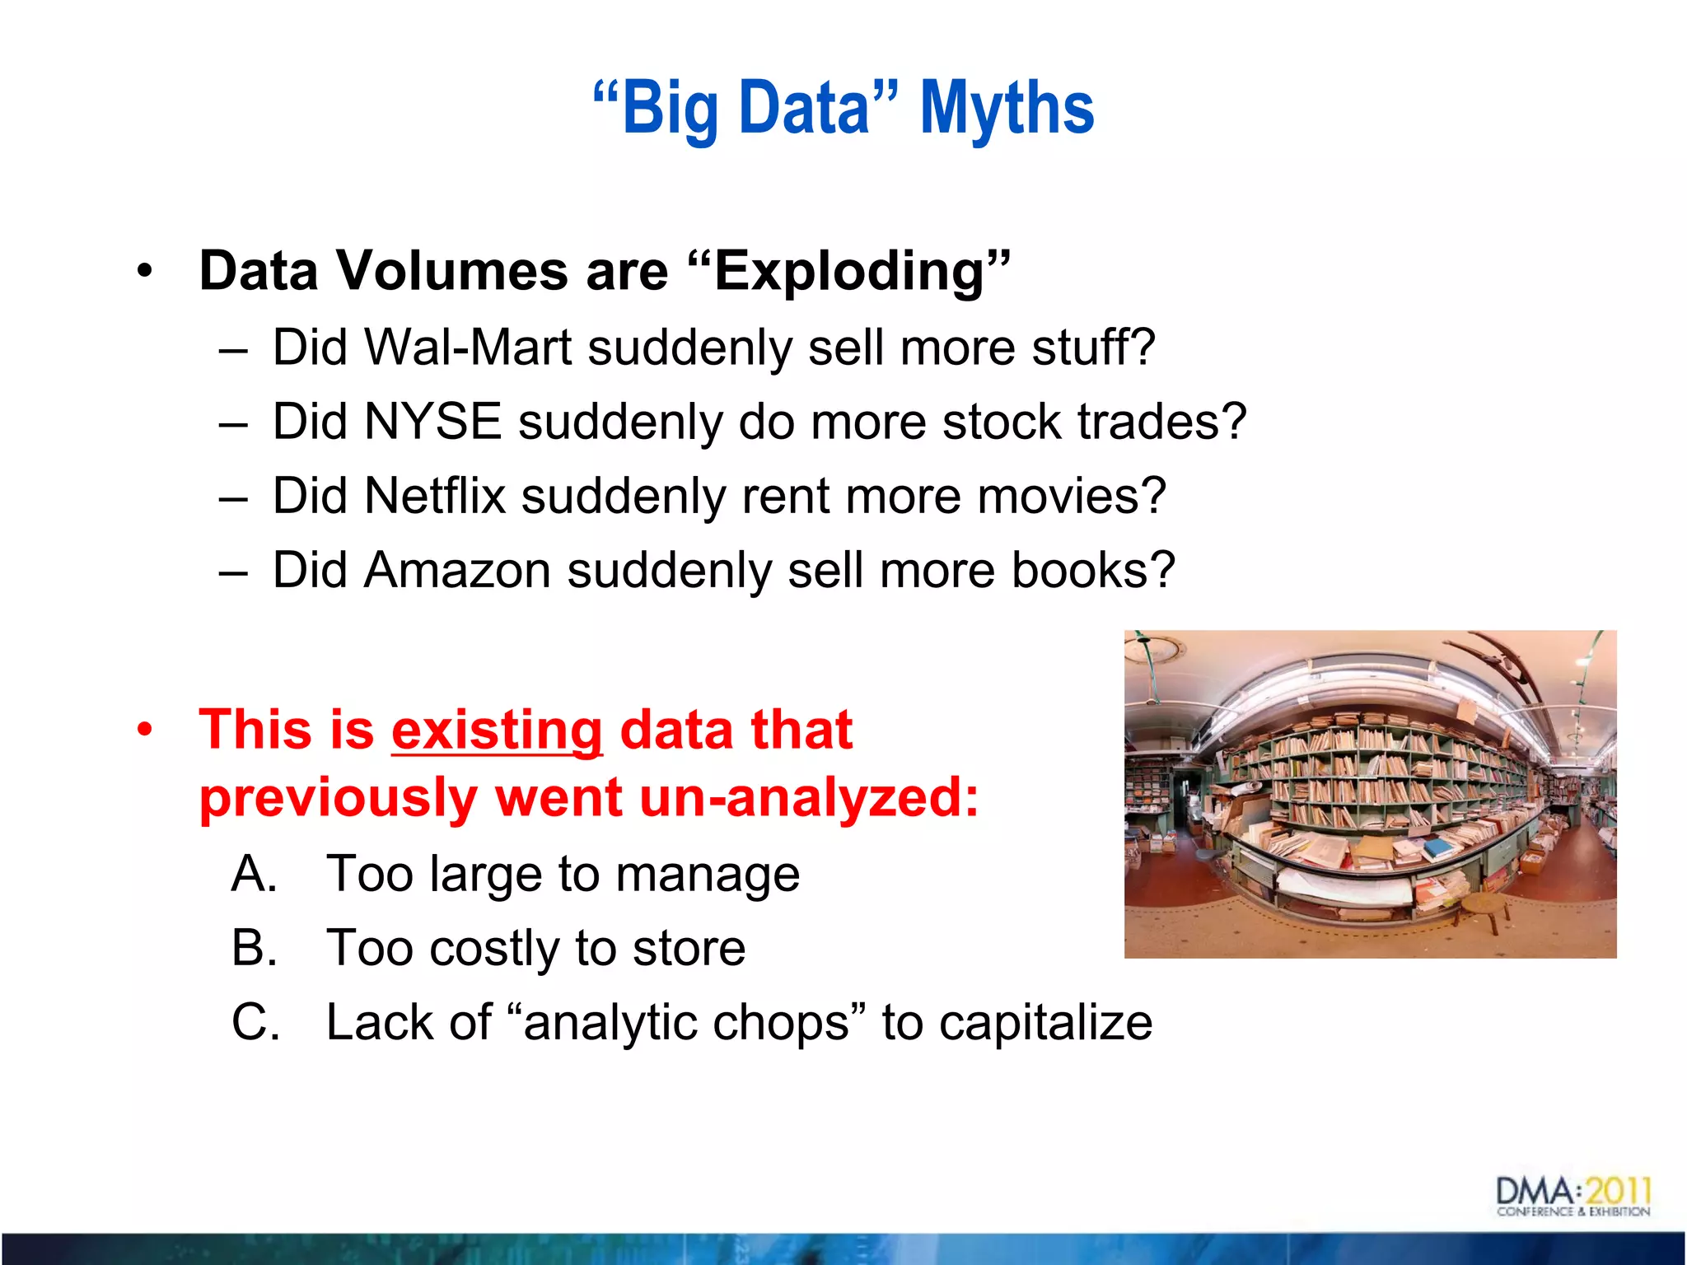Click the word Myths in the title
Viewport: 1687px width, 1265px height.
1007,109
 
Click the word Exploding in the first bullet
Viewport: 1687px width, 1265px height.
848,272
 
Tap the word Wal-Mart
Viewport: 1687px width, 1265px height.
467,348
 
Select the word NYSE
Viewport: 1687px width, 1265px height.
432,422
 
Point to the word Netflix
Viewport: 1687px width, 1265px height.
434,496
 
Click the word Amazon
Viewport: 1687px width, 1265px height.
457,570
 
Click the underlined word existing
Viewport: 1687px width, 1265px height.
497,731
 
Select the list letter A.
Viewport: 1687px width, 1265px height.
253,874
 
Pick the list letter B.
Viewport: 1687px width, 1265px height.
253,948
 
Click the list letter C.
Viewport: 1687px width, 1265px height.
255,1022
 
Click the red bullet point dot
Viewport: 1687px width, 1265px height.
146,731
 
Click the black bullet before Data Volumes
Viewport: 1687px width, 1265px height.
146,271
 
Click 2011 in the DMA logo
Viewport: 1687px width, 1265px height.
1618,1191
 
